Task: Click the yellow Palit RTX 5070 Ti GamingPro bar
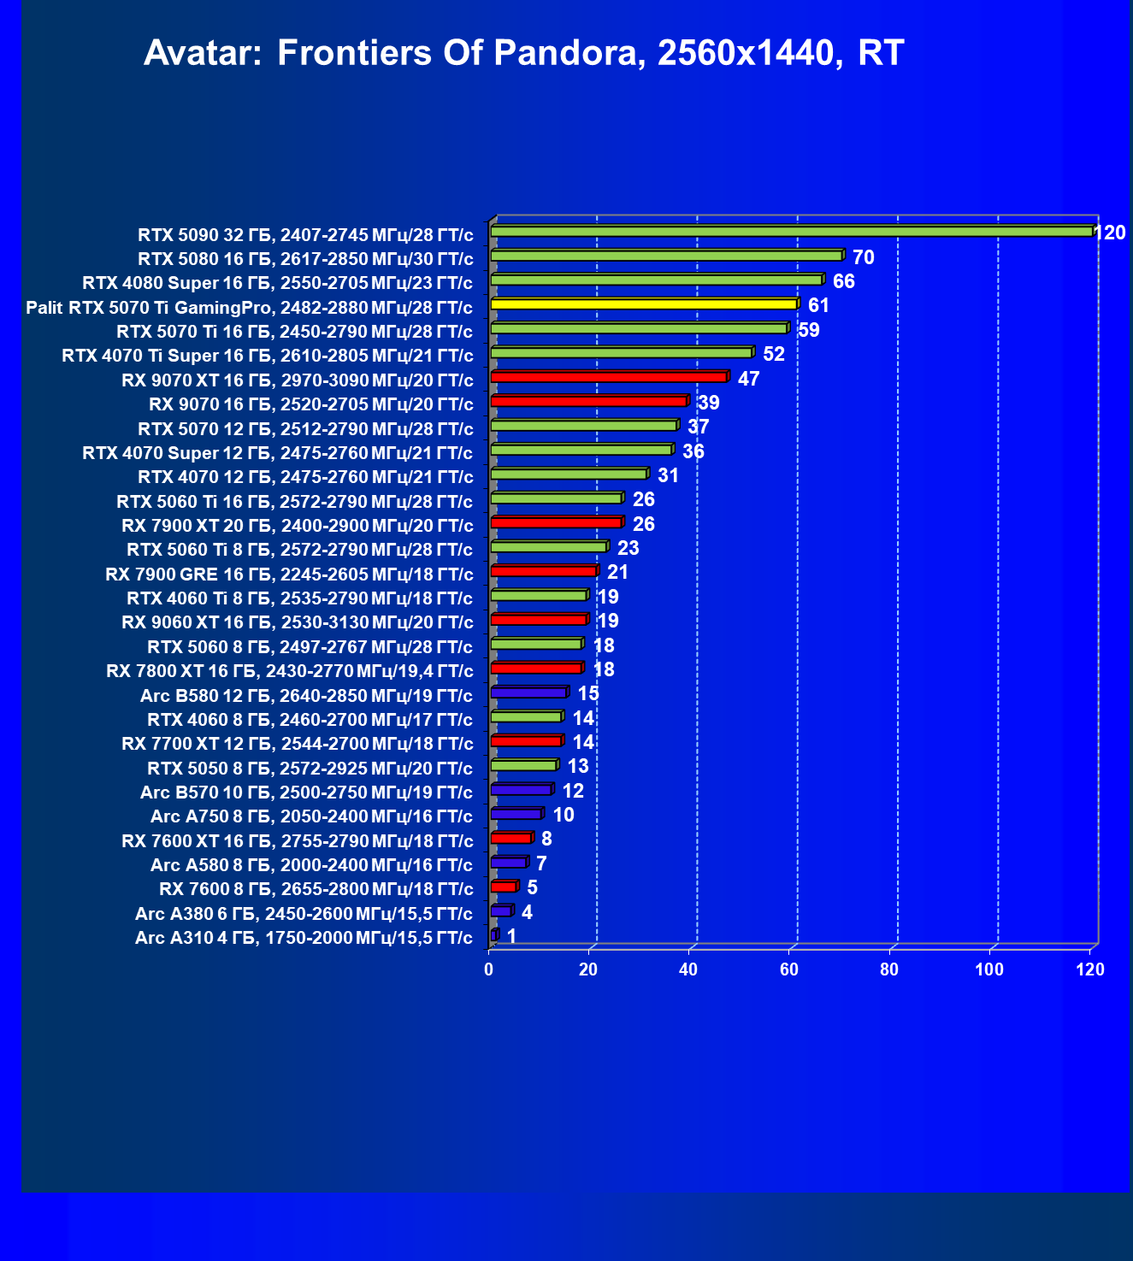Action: click(x=643, y=304)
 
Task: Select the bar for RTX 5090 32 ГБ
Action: click(x=791, y=232)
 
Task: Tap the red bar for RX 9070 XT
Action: click(x=609, y=377)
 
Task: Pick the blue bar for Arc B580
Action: click(x=529, y=692)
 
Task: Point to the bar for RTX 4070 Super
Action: click(x=581, y=450)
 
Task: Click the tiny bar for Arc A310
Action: click(x=493, y=935)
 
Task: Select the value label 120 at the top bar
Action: click(x=1110, y=233)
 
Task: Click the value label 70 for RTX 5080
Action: click(x=863, y=257)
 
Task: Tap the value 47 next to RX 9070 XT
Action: click(x=748, y=379)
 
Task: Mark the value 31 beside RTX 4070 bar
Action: click(x=668, y=475)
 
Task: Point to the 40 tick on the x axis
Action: click(x=688, y=969)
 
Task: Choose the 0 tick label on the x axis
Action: click(x=488, y=969)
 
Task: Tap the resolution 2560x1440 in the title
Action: click(x=745, y=54)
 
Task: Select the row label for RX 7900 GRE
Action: click(x=289, y=575)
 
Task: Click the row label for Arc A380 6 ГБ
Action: click(x=304, y=914)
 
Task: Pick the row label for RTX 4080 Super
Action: click(x=277, y=283)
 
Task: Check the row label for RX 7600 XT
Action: click(x=297, y=841)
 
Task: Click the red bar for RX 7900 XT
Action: click(x=556, y=522)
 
